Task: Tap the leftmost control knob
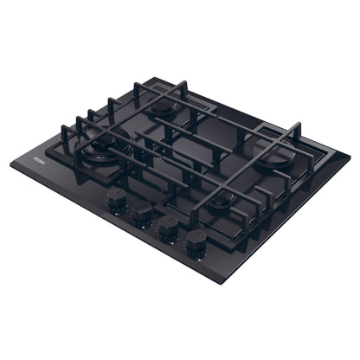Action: coord(115,200)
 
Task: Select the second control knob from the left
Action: coord(141,213)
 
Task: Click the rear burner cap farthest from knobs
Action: coord(162,109)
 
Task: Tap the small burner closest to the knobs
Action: coord(223,201)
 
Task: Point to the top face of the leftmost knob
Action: coord(115,196)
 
